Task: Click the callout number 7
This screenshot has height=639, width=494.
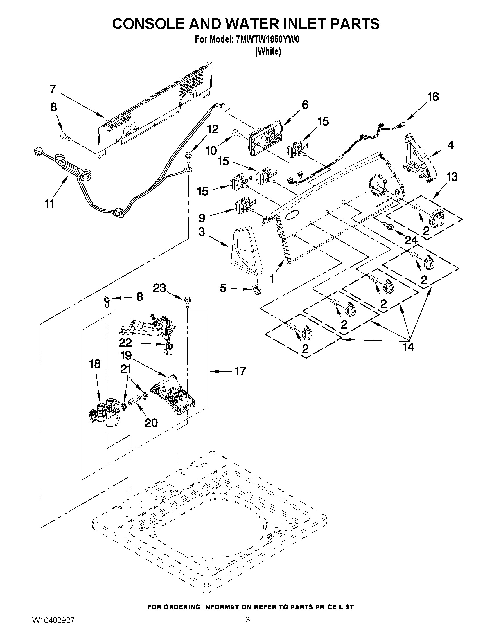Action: [x=53, y=89]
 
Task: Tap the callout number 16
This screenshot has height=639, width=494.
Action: [x=433, y=97]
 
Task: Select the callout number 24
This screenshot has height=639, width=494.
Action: [x=411, y=240]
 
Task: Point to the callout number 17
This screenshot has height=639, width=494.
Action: [x=240, y=372]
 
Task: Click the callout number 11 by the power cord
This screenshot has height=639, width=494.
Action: [x=49, y=204]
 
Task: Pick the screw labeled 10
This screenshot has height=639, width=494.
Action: [x=238, y=134]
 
